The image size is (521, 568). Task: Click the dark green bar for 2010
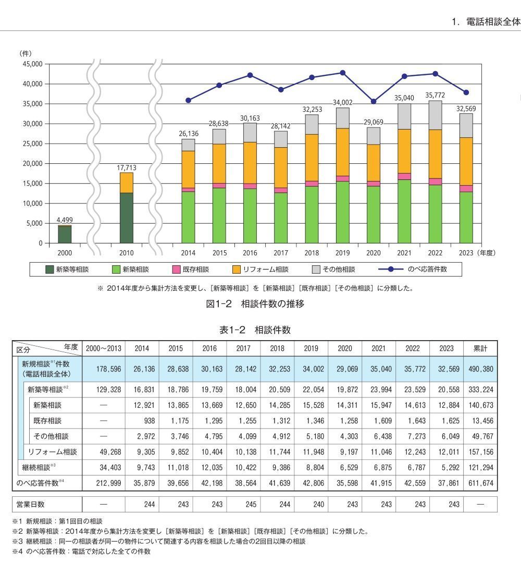click(x=126, y=218)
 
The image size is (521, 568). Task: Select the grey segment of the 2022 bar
click(x=435, y=115)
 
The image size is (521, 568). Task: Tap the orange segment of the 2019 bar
click(x=342, y=152)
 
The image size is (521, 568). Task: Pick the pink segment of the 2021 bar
click(x=404, y=176)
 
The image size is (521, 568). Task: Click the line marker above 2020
click(x=374, y=101)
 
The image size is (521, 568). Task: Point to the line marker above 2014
click(x=188, y=100)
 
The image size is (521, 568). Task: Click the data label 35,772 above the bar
click(x=435, y=95)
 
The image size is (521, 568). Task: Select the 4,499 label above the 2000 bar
click(x=65, y=220)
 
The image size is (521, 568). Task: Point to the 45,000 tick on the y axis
click(x=33, y=64)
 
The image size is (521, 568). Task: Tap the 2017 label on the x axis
click(x=280, y=253)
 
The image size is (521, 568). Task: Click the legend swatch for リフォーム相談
click(x=237, y=269)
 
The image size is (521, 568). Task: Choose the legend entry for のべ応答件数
click(x=413, y=269)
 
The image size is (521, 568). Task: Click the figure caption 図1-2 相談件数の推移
click(x=255, y=304)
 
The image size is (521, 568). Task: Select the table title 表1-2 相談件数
click(x=255, y=330)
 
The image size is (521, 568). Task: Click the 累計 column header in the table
click(x=480, y=348)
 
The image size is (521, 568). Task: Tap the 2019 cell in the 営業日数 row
click(x=318, y=504)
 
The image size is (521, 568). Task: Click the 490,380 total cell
click(x=481, y=369)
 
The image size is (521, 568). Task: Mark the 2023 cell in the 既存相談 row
click(x=450, y=421)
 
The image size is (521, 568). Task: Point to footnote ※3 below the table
click(x=159, y=541)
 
